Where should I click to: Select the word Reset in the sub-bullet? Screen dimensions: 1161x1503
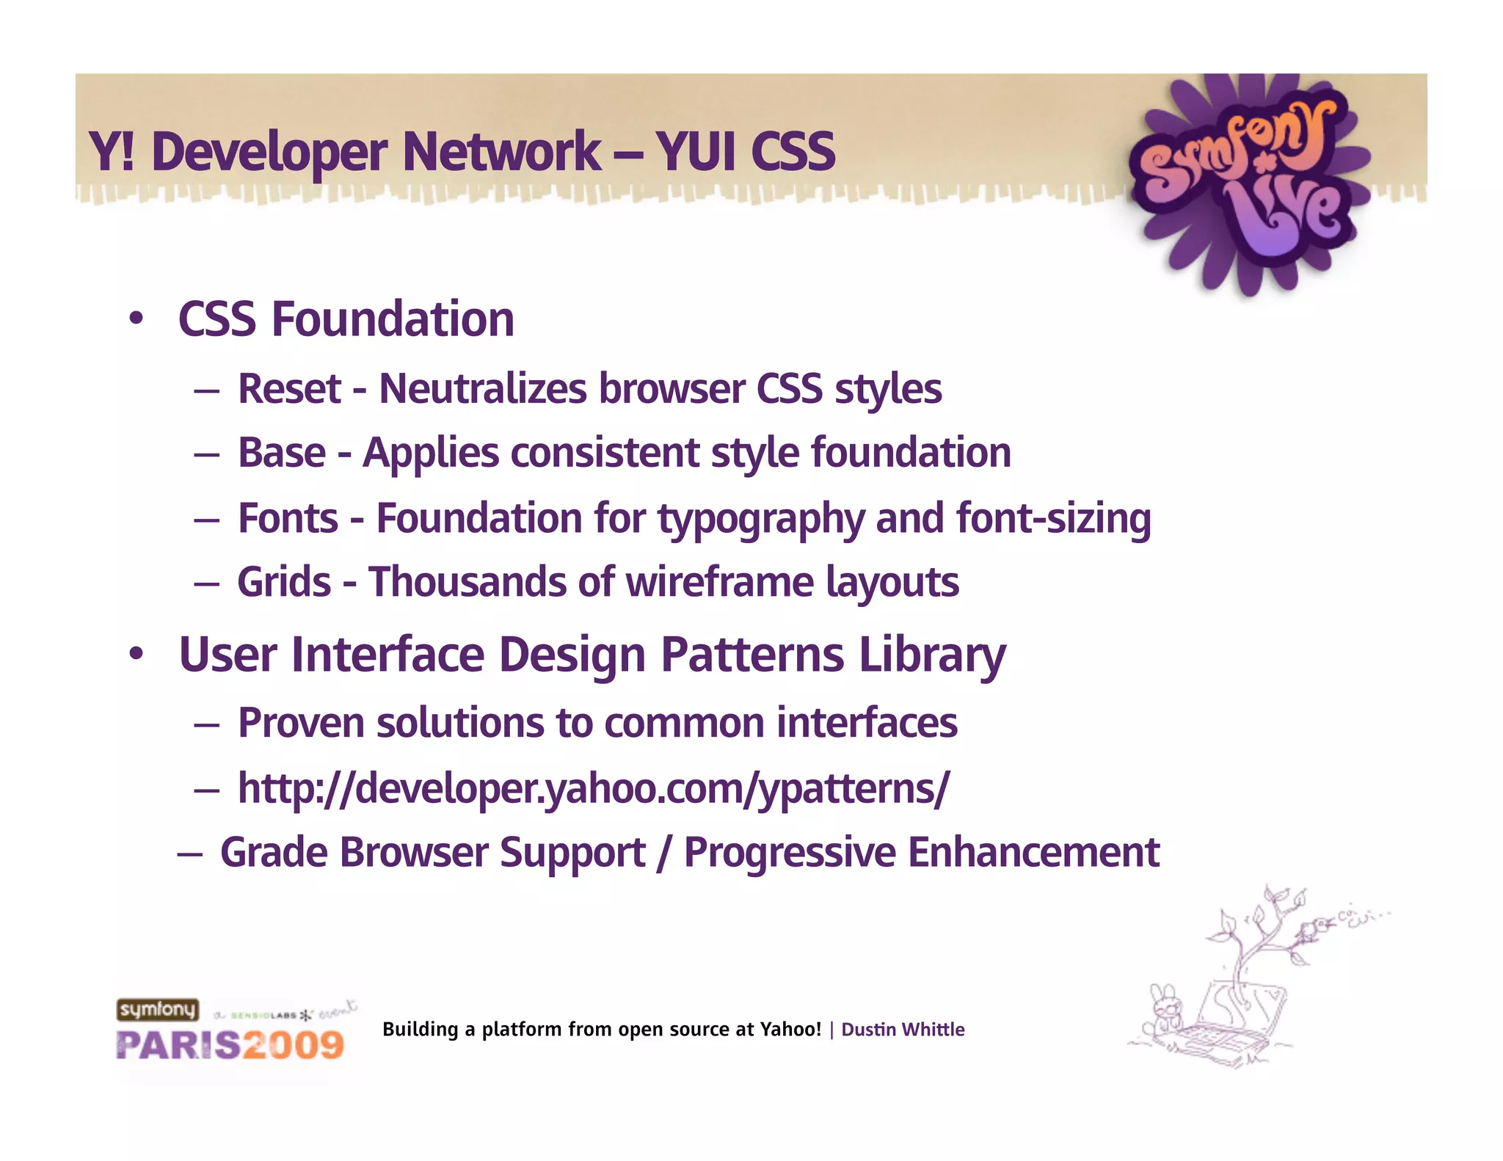click(x=289, y=389)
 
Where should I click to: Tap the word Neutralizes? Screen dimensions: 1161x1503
click(x=482, y=389)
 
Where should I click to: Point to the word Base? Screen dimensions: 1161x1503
click(x=282, y=453)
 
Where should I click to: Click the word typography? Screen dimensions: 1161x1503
click(x=760, y=520)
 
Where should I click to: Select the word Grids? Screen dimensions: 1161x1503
click(x=284, y=583)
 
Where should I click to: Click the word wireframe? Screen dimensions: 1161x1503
click(x=719, y=583)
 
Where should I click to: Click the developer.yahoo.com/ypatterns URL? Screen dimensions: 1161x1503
click(x=593, y=789)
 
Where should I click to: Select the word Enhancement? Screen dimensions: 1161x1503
click(x=1033, y=853)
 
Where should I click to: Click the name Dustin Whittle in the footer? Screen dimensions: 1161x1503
click(x=903, y=1030)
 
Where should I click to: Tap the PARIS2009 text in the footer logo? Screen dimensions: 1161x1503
click(x=230, y=1045)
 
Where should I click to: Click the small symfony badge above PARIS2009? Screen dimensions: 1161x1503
click(x=157, y=1010)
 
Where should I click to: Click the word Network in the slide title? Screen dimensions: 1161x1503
click(x=501, y=152)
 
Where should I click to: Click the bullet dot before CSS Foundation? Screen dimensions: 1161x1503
click(x=136, y=319)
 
